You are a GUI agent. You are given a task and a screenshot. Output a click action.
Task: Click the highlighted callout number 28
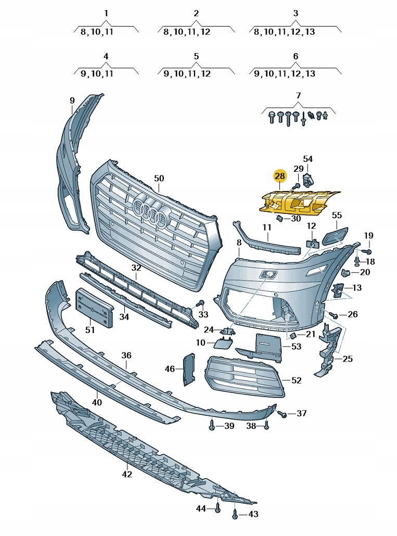click(279, 176)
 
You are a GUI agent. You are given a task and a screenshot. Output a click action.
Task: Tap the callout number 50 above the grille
click(159, 178)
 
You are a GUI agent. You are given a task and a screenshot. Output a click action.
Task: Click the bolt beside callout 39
click(212, 425)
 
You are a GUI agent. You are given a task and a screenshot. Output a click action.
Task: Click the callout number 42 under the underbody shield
click(127, 474)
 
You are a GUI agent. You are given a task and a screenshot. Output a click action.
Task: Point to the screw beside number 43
click(236, 513)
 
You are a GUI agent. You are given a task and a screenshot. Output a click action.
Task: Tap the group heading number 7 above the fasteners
click(298, 95)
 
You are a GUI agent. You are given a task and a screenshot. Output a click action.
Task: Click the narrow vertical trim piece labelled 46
click(188, 369)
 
